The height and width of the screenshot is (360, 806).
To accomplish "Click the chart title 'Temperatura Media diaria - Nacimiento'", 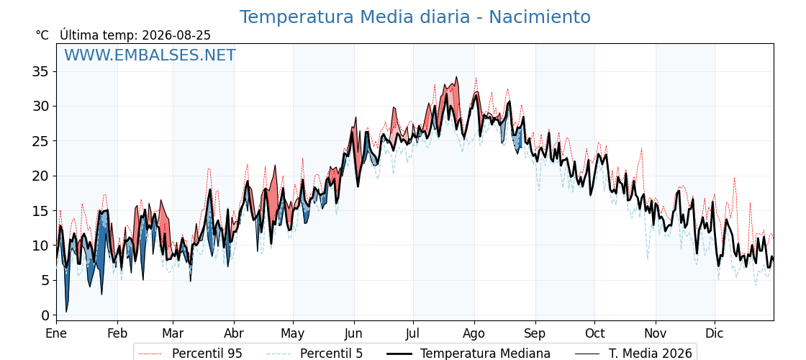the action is pyautogui.click(x=415, y=17).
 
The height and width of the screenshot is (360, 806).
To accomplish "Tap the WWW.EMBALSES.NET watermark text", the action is pyautogui.click(x=150, y=55).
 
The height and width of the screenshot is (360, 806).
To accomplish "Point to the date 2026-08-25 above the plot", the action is pyautogui.click(x=176, y=35).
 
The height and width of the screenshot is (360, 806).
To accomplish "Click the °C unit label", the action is pyautogui.click(x=42, y=35).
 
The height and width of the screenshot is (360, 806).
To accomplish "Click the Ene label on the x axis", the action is pyautogui.click(x=56, y=333).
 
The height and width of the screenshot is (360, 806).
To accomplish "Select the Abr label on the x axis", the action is pyautogui.click(x=234, y=333).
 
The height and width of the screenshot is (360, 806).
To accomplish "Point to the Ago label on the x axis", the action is pyautogui.click(x=474, y=334).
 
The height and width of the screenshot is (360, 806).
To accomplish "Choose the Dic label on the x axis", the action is pyautogui.click(x=715, y=333).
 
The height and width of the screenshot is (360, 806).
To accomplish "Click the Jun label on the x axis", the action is pyautogui.click(x=353, y=333).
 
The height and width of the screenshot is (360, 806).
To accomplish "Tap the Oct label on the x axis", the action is pyautogui.click(x=594, y=333).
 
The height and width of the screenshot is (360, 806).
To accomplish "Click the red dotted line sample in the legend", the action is pyautogui.click(x=150, y=354).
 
